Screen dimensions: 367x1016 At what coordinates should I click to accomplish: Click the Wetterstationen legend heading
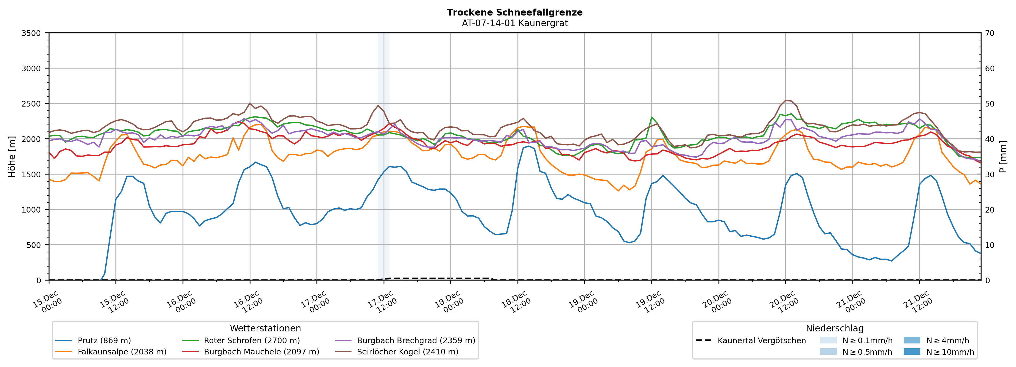point(265,328)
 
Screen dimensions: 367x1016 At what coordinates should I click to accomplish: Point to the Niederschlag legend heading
point(835,328)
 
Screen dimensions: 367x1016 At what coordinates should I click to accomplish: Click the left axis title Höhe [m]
point(12,156)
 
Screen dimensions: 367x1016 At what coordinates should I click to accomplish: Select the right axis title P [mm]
point(1003,156)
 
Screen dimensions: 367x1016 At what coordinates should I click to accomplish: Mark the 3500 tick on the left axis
point(31,33)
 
